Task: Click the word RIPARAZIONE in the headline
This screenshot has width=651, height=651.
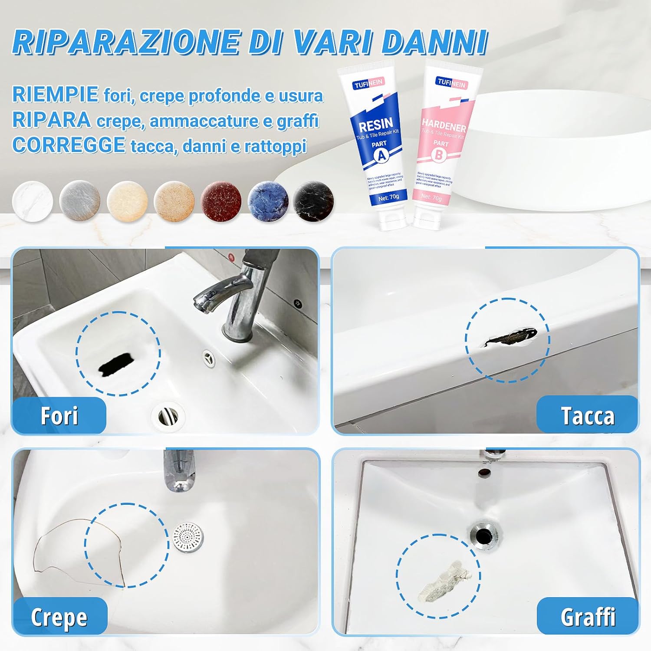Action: [x=126, y=42]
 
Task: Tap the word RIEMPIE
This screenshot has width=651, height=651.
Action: [x=55, y=95]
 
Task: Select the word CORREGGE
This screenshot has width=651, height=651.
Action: [x=69, y=145]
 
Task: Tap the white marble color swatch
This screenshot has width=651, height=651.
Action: [x=33, y=201]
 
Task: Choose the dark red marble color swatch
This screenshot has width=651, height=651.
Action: [x=221, y=201]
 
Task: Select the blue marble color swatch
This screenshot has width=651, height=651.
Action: [x=268, y=201]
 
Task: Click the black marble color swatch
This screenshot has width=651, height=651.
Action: [x=314, y=201]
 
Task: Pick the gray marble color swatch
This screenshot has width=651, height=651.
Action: [x=80, y=201]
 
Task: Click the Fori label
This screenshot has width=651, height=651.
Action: [x=59, y=416]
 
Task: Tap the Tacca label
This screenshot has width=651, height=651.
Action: [x=587, y=416]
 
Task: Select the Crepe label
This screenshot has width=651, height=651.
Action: [x=59, y=617]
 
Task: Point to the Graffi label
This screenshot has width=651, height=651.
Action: [x=588, y=617]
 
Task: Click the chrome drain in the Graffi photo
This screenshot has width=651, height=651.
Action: [x=483, y=536]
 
